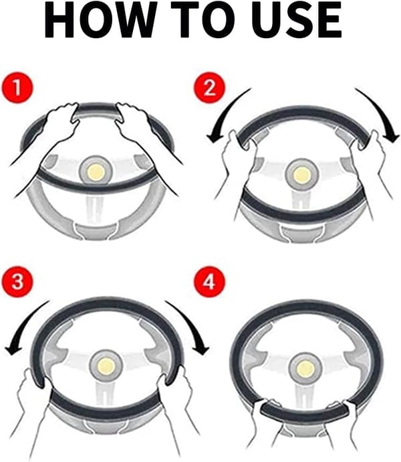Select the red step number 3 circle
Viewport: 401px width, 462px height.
(x=17, y=281)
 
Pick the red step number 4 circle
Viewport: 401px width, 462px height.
(x=209, y=281)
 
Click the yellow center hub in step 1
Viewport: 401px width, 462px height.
(x=96, y=171)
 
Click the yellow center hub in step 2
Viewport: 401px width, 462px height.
(x=302, y=175)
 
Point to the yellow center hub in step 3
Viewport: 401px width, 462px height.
(x=106, y=366)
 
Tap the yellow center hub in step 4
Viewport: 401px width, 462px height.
(x=305, y=369)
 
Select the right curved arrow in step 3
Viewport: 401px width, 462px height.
(x=191, y=324)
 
